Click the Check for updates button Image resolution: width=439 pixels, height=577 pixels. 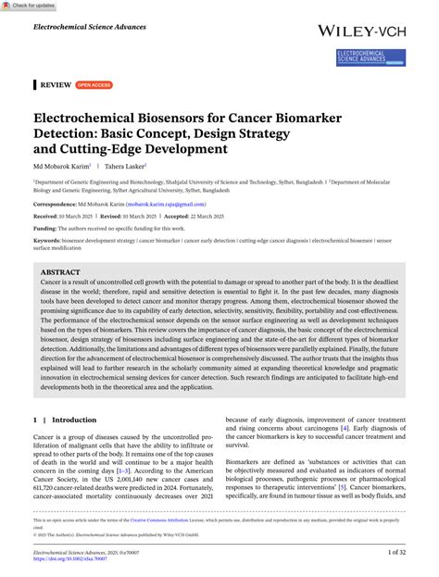(29, 6)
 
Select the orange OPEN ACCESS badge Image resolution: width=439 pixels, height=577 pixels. (94, 84)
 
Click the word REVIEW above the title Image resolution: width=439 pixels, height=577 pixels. (56, 84)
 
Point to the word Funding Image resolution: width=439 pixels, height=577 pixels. (45, 227)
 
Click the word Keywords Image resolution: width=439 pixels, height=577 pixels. (49, 239)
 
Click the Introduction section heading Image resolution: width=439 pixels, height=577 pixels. (74, 420)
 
